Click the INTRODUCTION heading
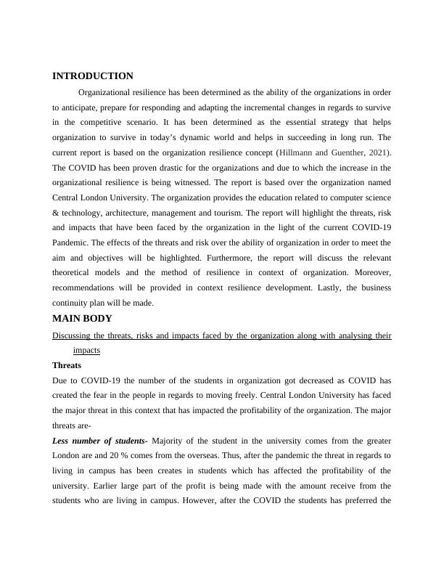[x=93, y=76]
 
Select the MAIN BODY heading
[x=82, y=318]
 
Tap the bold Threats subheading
[x=67, y=365]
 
